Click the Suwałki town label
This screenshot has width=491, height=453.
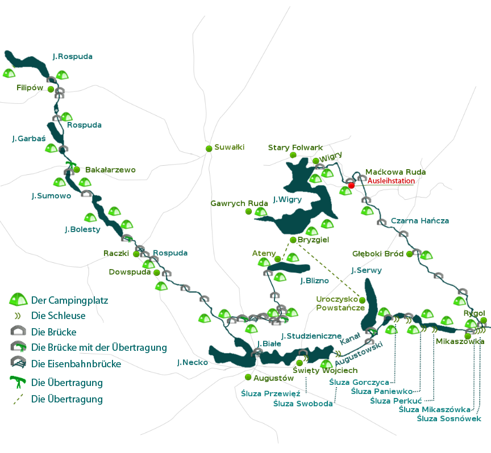(x=230, y=147)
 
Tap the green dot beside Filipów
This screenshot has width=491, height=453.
(x=51, y=89)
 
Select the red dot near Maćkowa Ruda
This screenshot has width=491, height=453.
(x=351, y=186)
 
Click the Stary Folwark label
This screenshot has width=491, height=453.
(x=295, y=148)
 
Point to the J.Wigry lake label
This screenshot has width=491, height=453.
(x=287, y=199)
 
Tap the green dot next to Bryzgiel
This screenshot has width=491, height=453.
(x=293, y=240)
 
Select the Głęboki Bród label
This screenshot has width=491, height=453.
(x=378, y=254)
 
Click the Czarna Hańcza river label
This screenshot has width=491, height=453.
(x=420, y=220)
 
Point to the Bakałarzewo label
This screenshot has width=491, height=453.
(x=110, y=170)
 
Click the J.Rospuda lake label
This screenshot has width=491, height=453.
(x=72, y=57)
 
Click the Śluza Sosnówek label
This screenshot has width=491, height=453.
(x=449, y=418)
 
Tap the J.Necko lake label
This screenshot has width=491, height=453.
(x=192, y=362)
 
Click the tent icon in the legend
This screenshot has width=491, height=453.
(x=19, y=300)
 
